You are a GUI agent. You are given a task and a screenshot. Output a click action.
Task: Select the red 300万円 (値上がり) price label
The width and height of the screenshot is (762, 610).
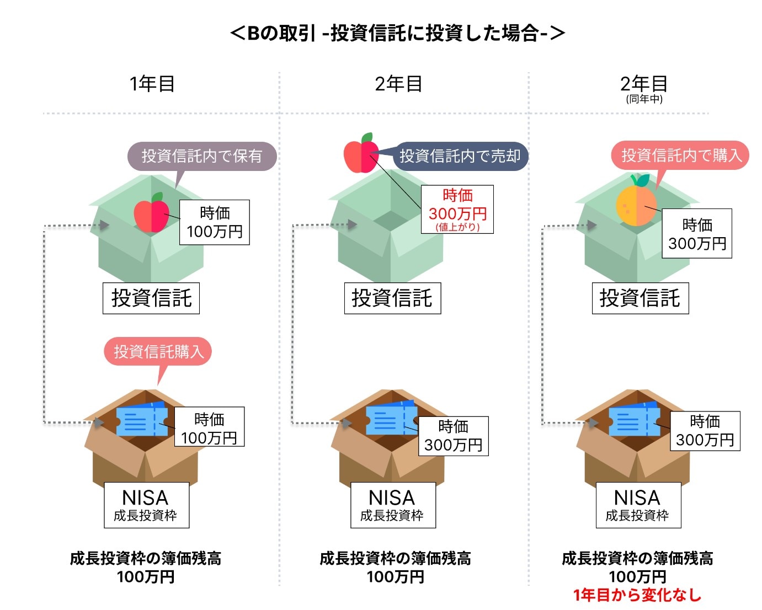coord(457,210)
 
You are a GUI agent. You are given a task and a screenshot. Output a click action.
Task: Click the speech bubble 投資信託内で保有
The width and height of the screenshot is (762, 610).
coord(201,156)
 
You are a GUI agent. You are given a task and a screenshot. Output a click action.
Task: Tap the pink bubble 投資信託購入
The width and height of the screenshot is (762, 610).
coord(158,351)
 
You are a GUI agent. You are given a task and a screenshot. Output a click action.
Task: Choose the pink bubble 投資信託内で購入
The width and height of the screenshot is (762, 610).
coord(680,156)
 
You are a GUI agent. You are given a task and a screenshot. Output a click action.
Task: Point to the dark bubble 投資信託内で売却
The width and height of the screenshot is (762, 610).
coord(460,156)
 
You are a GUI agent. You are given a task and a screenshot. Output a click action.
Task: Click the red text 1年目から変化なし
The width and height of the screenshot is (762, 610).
coord(637,595)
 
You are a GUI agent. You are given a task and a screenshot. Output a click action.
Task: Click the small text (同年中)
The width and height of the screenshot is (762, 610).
coord(644,99)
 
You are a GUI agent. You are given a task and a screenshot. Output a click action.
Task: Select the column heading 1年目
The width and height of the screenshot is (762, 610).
coord(152,84)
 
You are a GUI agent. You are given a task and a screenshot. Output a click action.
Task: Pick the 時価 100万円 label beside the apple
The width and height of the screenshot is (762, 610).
coord(215,222)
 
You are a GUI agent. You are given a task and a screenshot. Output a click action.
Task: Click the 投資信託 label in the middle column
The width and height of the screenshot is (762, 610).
coord(392,298)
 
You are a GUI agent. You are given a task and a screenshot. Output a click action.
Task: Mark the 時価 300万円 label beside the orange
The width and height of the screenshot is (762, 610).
coord(697,233)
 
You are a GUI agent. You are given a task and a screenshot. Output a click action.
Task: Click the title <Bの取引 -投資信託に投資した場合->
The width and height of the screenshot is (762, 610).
coord(397,33)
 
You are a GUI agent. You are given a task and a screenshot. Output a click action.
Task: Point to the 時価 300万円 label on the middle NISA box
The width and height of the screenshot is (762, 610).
coord(454,436)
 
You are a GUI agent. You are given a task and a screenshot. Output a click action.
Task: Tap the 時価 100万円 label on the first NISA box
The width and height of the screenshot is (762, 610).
coord(209,427)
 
